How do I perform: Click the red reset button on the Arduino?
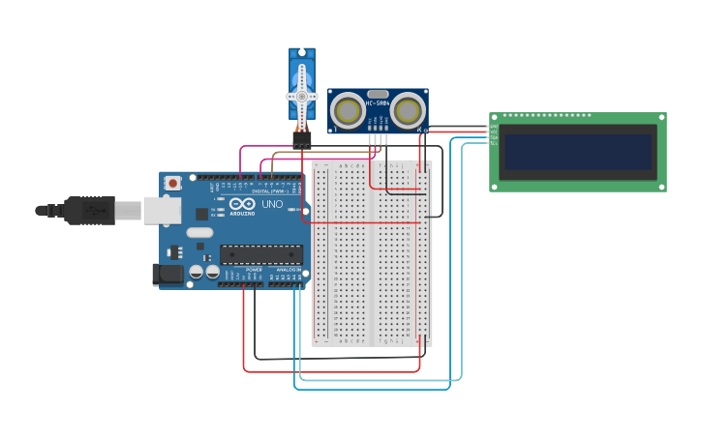pos(172,183)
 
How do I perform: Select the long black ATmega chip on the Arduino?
pos(260,255)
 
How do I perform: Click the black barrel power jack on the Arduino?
pos(168,275)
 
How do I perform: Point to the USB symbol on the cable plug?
pos(93,210)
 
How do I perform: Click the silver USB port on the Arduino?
pos(162,211)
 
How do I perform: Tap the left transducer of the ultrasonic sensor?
pos(348,111)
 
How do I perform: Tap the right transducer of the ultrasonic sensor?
pos(408,111)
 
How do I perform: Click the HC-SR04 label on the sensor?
pos(378,103)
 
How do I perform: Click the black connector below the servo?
pos(302,141)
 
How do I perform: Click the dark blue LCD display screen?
pos(577,152)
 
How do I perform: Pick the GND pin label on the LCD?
pos(494,127)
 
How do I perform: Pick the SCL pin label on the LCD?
pos(494,143)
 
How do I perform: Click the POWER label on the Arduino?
pos(254,270)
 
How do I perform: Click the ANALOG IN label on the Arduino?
pos(289,270)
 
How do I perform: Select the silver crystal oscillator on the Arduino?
pos(199,232)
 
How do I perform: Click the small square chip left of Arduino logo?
pos(201,214)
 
